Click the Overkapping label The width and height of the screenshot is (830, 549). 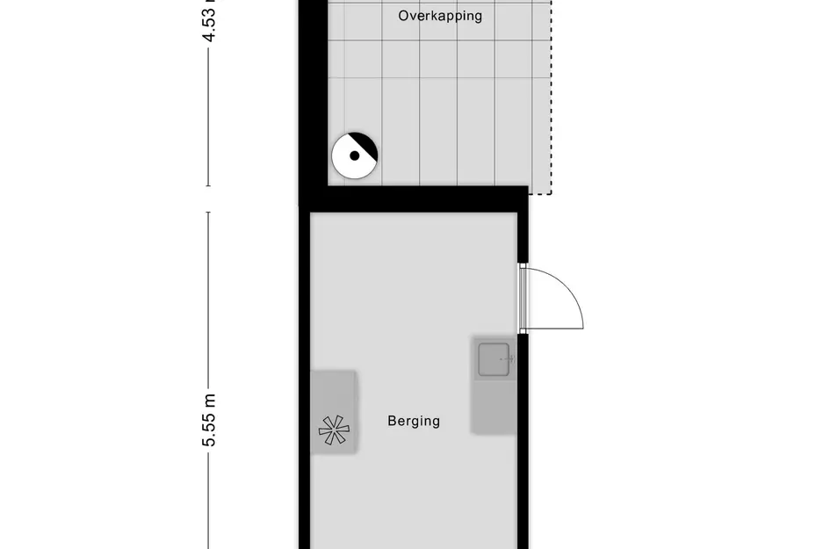440,16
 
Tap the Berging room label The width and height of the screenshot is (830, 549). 414,421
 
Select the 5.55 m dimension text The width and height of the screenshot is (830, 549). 209,420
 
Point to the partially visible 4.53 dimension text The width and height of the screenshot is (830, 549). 209,21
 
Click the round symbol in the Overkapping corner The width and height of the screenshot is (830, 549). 354,156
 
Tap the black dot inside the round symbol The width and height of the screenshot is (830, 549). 354,156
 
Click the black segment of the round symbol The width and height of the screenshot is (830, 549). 364,146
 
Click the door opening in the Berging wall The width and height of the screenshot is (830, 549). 522,298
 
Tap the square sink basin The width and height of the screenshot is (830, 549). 495,359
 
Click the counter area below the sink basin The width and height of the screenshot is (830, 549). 494,407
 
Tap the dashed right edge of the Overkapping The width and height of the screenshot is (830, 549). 552,97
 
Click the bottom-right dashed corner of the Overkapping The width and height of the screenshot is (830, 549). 551,192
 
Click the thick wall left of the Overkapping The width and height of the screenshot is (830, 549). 312,97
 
